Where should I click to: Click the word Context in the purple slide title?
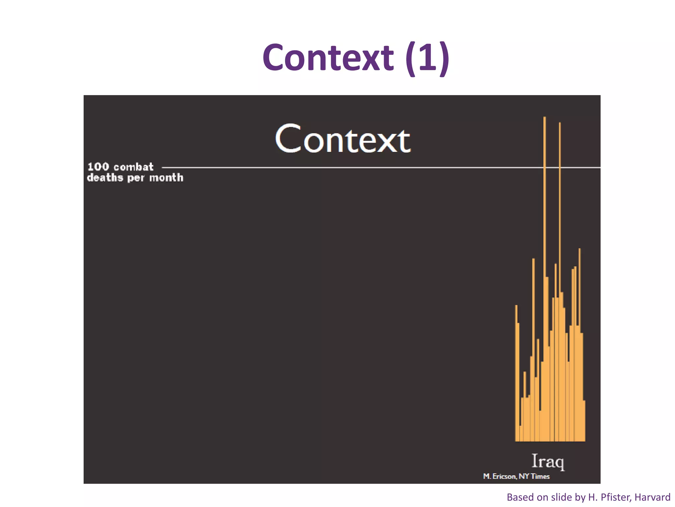click(x=328, y=58)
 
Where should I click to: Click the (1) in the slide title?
click(x=427, y=58)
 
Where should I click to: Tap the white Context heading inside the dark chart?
click(x=343, y=140)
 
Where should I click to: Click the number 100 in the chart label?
click(x=98, y=167)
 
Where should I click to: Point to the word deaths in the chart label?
click(x=105, y=178)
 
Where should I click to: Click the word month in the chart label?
click(x=166, y=178)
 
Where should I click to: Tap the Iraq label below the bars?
click(x=548, y=461)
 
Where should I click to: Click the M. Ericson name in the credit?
click(x=499, y=476)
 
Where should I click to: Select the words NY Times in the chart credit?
click(x=534, y=476)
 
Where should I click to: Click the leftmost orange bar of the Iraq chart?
click(x=516, y=373)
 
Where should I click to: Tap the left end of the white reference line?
click(x=163, y=168)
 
